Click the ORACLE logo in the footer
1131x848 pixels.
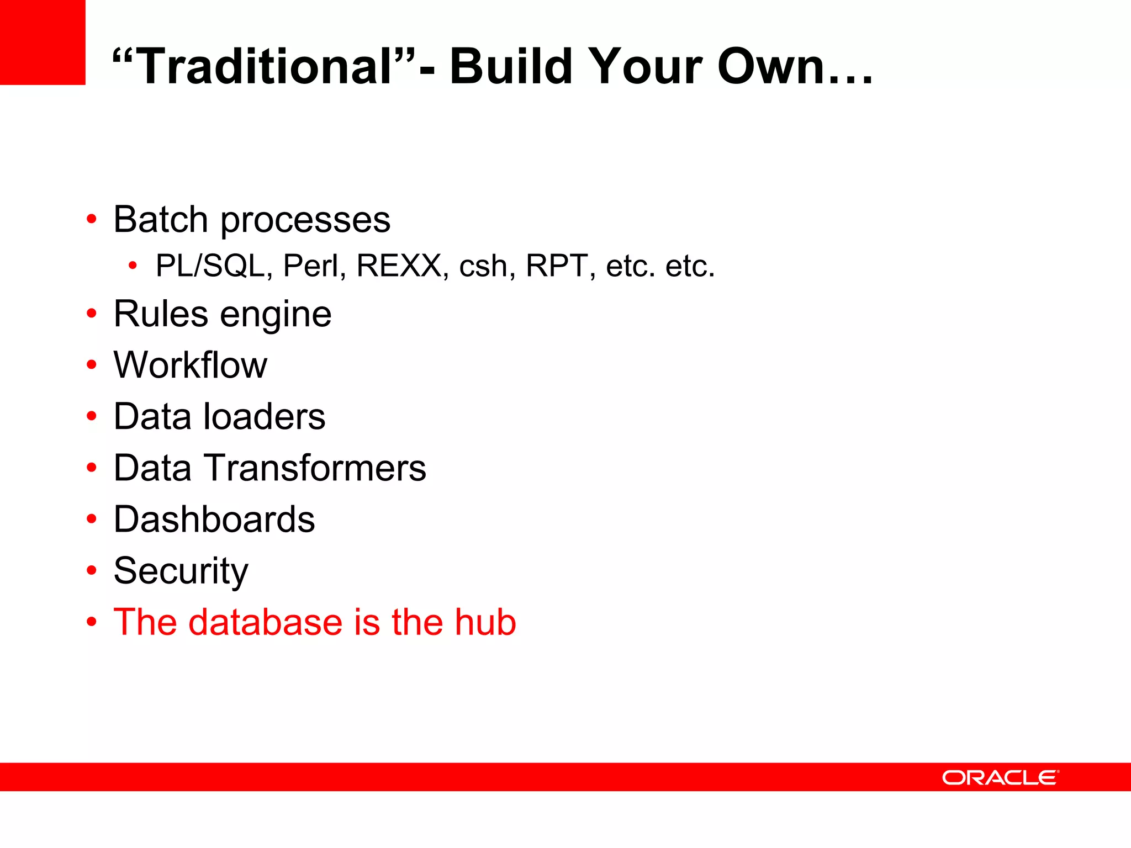1000,777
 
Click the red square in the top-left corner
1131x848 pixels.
43,43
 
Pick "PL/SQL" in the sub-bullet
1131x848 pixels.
210,266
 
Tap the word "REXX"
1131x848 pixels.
399,266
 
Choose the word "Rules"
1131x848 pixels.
161,314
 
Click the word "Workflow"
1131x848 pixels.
190,365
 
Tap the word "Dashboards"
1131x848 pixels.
214,519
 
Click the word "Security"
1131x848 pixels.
181,571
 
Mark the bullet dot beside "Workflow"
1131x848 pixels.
92,365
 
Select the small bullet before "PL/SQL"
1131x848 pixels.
132,266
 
